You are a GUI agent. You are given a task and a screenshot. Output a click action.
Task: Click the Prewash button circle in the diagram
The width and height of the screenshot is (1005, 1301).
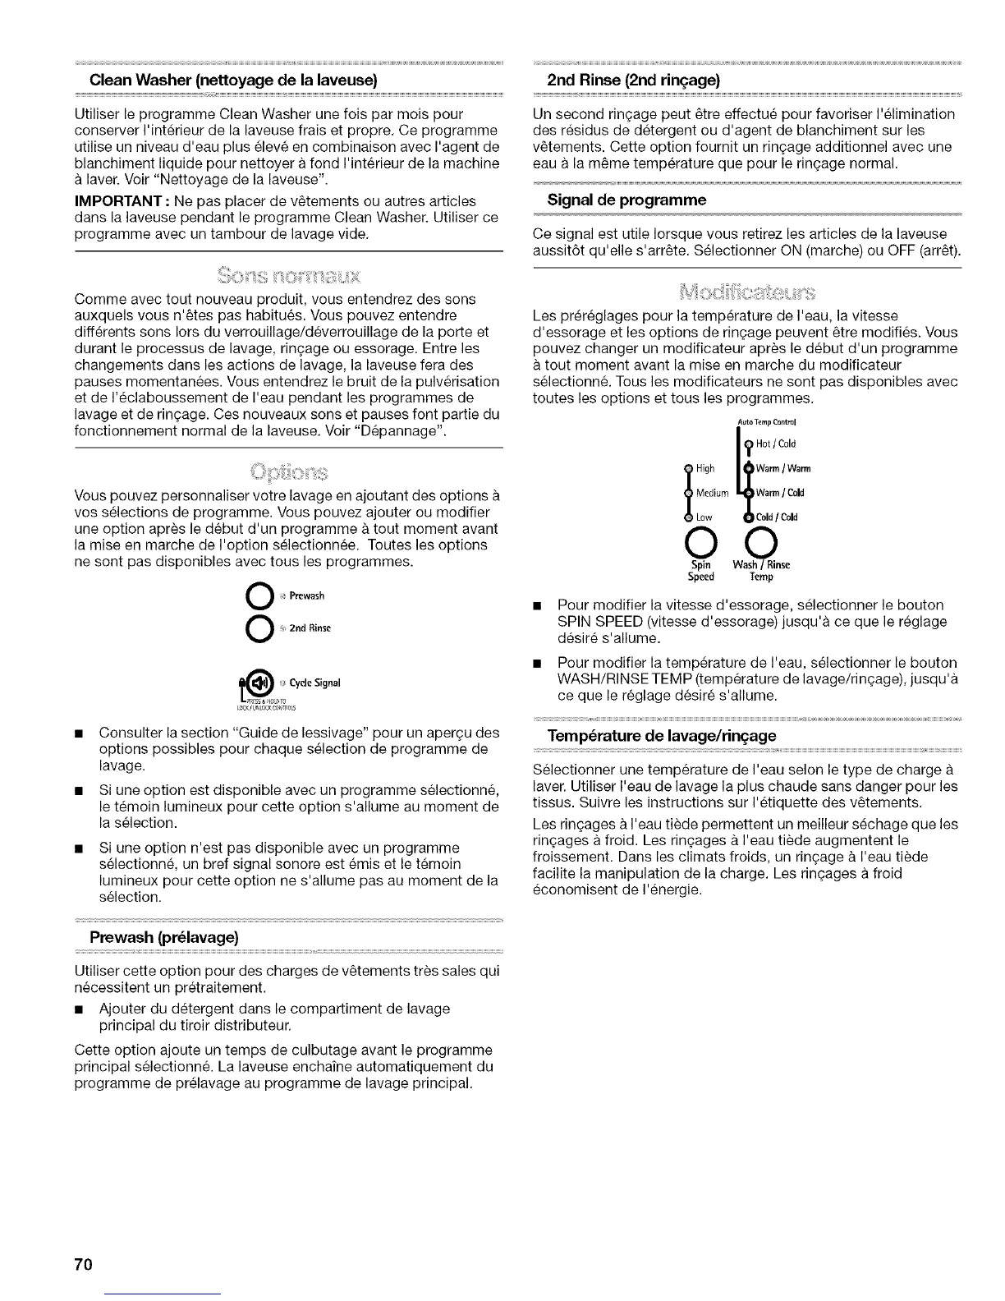coord(258,595)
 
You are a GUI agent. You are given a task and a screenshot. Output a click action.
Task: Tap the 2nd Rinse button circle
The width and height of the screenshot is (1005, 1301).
coord(258,628)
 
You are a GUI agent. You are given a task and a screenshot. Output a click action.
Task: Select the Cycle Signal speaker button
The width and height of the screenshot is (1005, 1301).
coord(260,682)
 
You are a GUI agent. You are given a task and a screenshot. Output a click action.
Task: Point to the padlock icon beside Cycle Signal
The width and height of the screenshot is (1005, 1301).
coord(242,683)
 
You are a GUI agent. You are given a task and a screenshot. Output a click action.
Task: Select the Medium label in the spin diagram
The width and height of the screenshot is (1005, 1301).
coord(713,493)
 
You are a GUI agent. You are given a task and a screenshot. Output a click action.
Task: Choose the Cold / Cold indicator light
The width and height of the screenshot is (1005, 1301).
coord(748,517)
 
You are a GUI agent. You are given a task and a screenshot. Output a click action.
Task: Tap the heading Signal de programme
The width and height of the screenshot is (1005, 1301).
coord(626,200)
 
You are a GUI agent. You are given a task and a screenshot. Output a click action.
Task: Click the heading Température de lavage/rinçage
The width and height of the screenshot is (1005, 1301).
coord(662,735)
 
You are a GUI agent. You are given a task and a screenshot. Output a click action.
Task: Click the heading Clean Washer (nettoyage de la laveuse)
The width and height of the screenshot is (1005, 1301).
coord(233,80)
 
